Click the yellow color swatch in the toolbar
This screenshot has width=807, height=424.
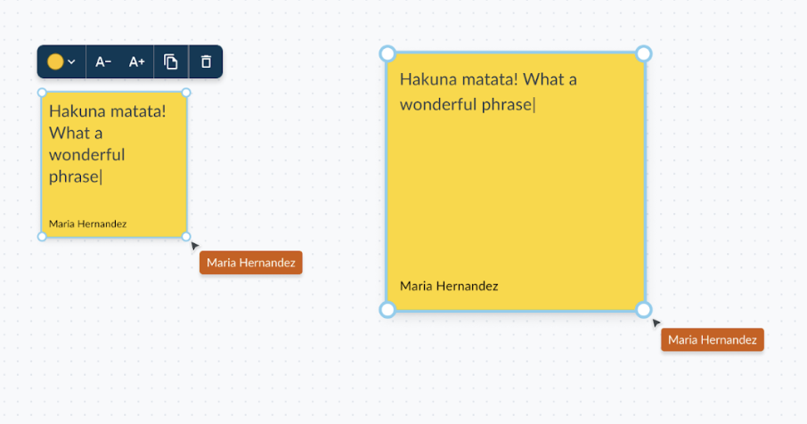pyautogui.click(x=55, y=61)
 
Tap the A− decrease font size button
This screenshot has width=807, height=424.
pyautogui.click(x=103, y=61)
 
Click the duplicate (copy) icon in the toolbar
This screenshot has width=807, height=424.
pyautogui.click(x=171, y=61)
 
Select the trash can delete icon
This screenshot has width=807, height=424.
pyautogui.click(x=206, y=61)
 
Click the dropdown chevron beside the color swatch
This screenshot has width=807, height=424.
pyautogui.click(x=71, y=61)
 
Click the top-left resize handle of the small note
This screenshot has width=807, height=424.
pyautogui.click(x=42, y=93)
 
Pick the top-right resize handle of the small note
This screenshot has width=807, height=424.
pyautogui.click(x=186, y=93)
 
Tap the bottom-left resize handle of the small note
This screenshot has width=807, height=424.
pyautogui.click(x=42, y=237)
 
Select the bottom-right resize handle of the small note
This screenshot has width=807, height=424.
pyautogui.click(x=186, y=237)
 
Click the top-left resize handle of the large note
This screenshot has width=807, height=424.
pyautogui.click(x=387, y=53)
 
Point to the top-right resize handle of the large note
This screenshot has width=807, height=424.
pyautogui.click(x=644, y=53)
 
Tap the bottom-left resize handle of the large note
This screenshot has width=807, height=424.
pyautogui.click(x=387, y=310)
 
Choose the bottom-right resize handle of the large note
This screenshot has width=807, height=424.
pyautogui.click(x=644, y=310)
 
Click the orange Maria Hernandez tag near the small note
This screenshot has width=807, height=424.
pyautogui.click(x=250, y=263)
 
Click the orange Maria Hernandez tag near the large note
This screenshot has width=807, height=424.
pyautogui.click(x=713, y=339)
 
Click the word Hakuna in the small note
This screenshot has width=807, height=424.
pyautogui.click(x=74, y=111)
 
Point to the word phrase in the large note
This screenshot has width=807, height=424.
pyautogui.click(x=507, y=105)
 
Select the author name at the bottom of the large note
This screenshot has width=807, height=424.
pyautogui.click(x=449, y=286)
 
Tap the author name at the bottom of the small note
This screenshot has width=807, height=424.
pyautogui.click(x=87, y=224)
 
